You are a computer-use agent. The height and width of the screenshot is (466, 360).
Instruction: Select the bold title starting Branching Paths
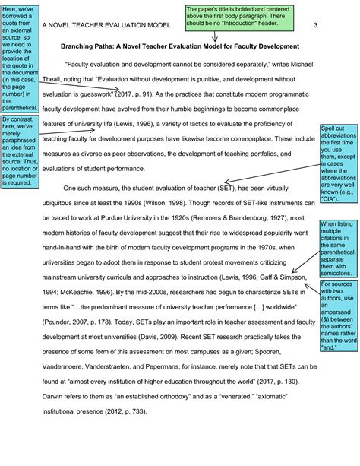[180, 46]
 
